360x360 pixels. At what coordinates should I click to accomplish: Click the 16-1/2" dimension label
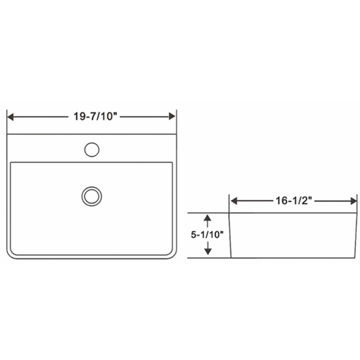coord(293,201)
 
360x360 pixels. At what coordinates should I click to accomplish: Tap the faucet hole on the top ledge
coord(92,148)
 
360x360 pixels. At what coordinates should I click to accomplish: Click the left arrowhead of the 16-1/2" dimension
coord(234,201)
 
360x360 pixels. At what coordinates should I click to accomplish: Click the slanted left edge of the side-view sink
coord(231,236)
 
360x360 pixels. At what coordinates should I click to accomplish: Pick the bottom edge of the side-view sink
coord(293,258)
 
